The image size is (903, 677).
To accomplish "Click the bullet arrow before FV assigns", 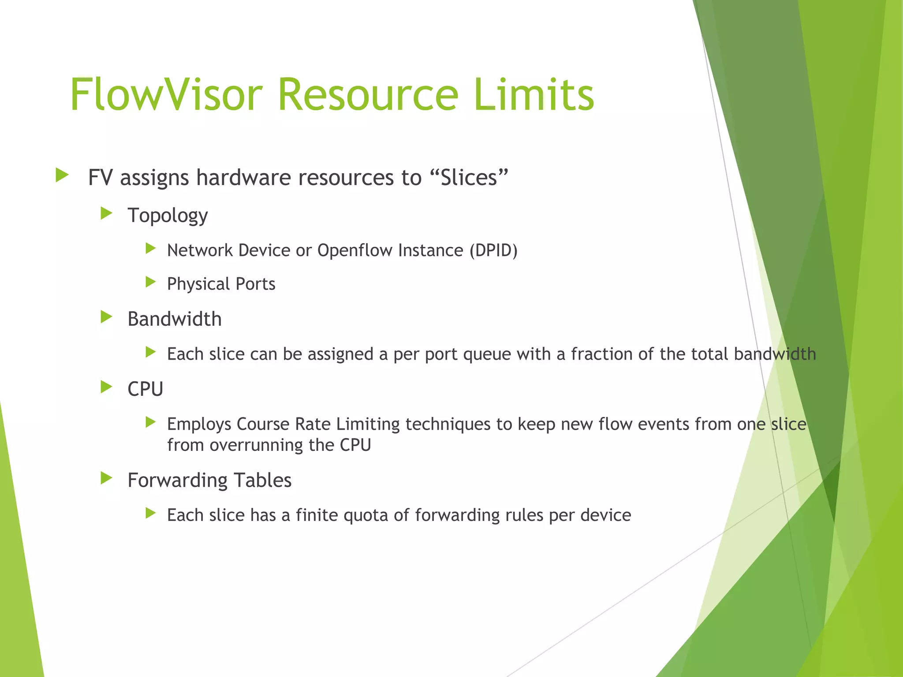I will (62, 175).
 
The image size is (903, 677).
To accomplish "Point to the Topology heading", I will (168, 216).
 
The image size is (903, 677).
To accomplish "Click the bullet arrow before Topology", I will (106, 214).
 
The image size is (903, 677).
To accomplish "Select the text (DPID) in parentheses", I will (493, 250).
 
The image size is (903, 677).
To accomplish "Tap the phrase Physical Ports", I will (221, 284).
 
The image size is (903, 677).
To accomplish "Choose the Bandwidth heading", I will (174, 319).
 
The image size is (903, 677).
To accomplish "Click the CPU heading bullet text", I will (145, 389).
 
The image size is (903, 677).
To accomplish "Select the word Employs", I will (199, 424).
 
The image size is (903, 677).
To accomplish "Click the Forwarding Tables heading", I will (209, 480).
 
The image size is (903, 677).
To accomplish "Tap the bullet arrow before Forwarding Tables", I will (106, 478).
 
